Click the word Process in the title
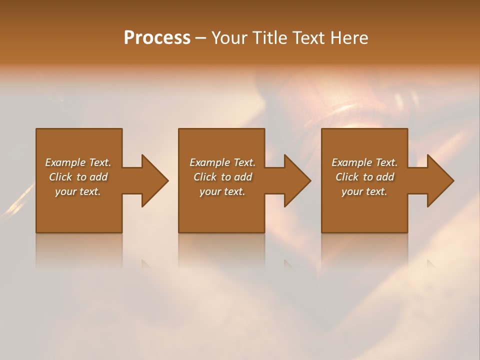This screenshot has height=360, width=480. (x=157, y=38)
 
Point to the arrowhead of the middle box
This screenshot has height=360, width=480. (x=297, y=180)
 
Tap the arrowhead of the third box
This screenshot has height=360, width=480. (x=440, y=180)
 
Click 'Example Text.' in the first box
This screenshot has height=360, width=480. (x=78, y=162)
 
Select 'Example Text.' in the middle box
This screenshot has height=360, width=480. (x=222, y=162)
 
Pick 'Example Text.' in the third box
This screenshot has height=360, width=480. (x=364, y=162)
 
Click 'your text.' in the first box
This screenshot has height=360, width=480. (x=78, y=191)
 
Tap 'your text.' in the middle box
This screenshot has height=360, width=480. (x=222, y=191)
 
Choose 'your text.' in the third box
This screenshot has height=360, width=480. (x=364, y=191)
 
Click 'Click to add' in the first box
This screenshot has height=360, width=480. (x=78, y=177)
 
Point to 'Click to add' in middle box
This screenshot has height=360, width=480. (x=222, y=177)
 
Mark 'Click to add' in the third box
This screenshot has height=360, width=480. (x=364, y=177)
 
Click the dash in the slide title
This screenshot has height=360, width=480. (x=200, y=38)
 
